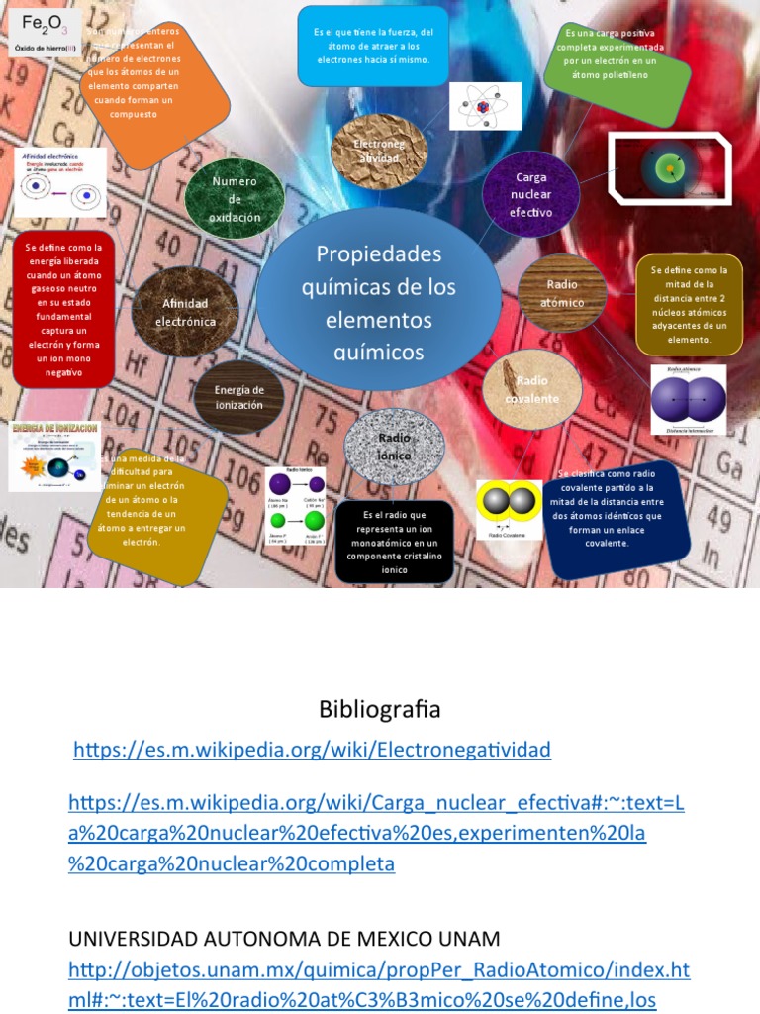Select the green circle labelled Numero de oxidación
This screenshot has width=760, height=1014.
point(235,199)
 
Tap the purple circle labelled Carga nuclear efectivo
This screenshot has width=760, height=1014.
point(531,194)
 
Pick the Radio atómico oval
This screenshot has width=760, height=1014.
point(562,293)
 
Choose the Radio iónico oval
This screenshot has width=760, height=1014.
point(394,447)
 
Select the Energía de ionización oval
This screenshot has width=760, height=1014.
point(238,397)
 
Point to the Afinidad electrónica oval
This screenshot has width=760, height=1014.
point(188,313)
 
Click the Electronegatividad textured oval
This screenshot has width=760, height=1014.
point(379,150)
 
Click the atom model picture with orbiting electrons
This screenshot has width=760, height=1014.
point(485,106)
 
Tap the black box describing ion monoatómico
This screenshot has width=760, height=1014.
point(394,541)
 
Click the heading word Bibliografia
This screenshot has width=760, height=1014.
point(380,709)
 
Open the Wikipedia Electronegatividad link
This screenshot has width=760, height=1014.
point(313,750)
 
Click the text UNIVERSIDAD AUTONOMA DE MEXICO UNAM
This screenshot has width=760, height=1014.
point(284,938)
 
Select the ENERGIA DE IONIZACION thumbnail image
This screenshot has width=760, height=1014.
point(55,456)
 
